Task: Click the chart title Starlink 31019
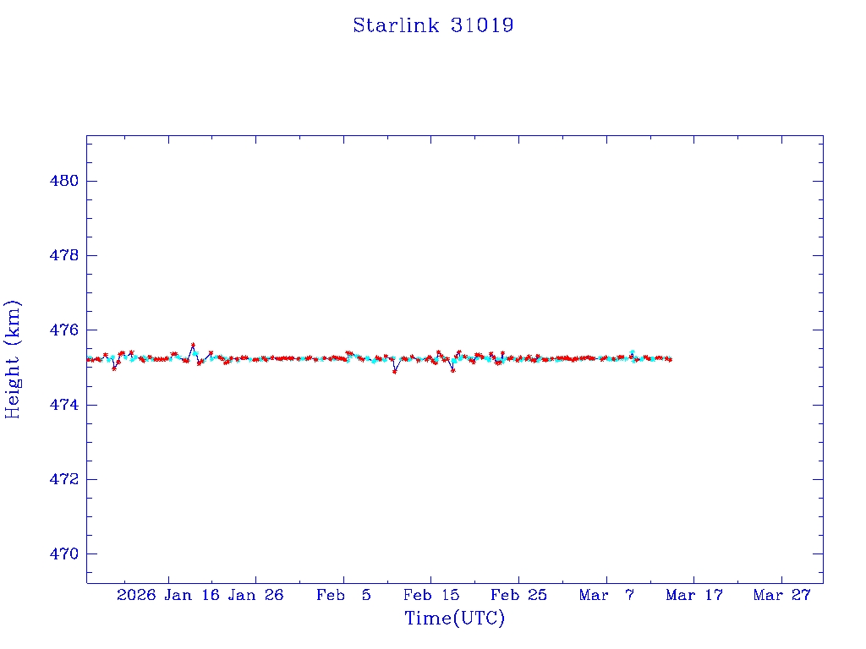click(433, 25)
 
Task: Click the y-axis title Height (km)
click(13, 359)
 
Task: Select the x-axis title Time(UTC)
click(455, 619)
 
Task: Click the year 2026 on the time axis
click(136, 595)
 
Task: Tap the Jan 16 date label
click(192, 595)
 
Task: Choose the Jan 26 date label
click(256, 595)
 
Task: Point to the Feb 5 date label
click(343, 595)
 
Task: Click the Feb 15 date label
click(431, 595)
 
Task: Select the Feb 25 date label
click(519, 595)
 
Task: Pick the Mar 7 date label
click(606, 595)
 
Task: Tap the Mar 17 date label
click(694, 595)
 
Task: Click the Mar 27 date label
click(782, 595)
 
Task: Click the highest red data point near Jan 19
click(193, 345)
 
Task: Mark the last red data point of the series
click(670, 360)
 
